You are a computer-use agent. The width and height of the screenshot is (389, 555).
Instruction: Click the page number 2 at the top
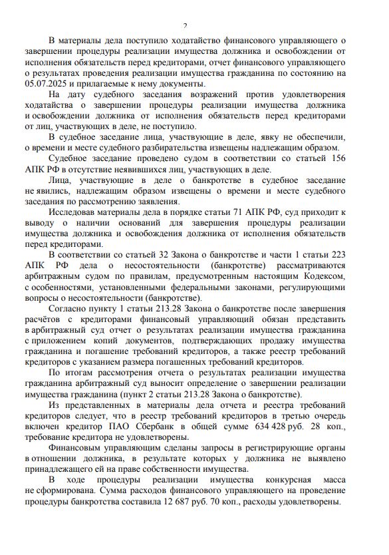tap(185, 26)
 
